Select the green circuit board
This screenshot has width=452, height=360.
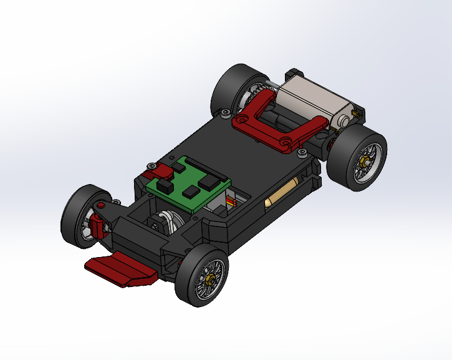pos(187,184)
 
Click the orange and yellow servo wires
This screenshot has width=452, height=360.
pos(231,201)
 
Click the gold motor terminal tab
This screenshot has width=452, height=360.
pos(357,112)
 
